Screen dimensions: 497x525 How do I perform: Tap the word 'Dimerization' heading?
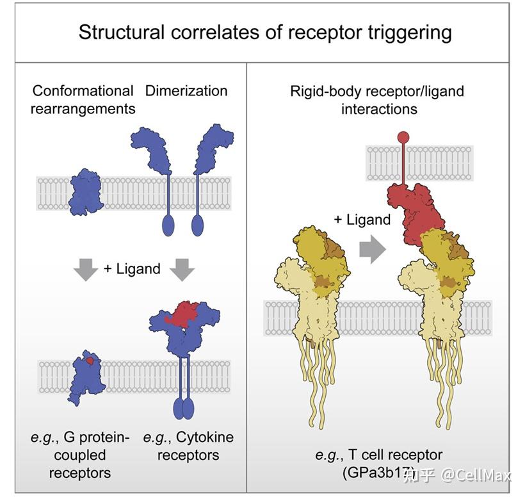click(x=186, y=91)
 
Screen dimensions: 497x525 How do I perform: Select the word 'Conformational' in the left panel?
click(x=83, y=91)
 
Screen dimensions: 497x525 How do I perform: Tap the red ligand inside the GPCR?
click(x=90, y=361)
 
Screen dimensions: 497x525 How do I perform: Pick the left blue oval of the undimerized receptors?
click(x=169, y=226)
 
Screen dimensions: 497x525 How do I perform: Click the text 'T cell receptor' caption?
click(x=396, y=455)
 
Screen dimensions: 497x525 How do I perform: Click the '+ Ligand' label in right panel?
click(x=362, y=220)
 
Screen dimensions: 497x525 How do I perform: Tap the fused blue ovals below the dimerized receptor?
click(x=182, y=407)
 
